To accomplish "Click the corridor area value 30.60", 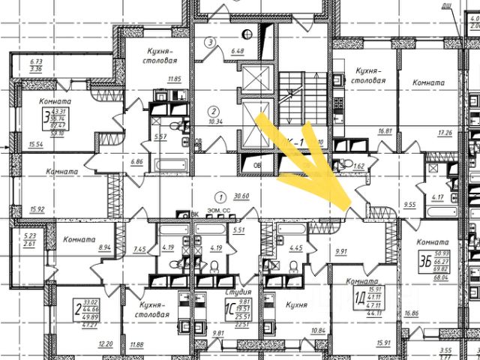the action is click(241, 195).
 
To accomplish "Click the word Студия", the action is click(238, 290).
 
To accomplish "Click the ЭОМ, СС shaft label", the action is click(218, 213).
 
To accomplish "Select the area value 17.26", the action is click(445, 132).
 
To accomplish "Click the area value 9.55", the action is click(409, 202).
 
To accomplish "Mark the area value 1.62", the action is click(358, 165).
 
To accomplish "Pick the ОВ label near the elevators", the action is click(256, 165).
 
